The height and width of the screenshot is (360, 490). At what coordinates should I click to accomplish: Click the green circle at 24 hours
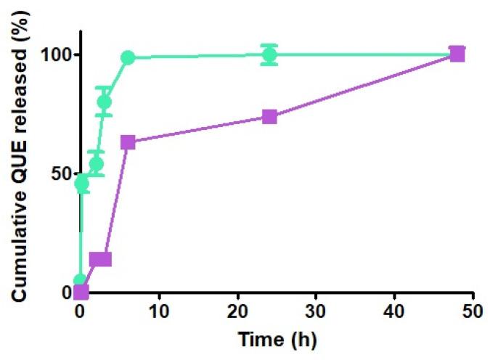tap(269, 54)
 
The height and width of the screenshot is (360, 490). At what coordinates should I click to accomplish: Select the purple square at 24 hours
tap(269, 117)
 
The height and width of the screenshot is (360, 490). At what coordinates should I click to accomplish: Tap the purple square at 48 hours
tap(457, 54)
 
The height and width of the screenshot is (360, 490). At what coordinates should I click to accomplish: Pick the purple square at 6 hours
tap(128, 142)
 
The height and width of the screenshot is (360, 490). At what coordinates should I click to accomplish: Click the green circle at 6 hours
tap(128, 58)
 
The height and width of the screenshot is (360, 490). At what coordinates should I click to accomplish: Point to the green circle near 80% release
tap(104, 102)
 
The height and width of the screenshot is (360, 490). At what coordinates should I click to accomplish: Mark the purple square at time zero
tap(81, 292)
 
